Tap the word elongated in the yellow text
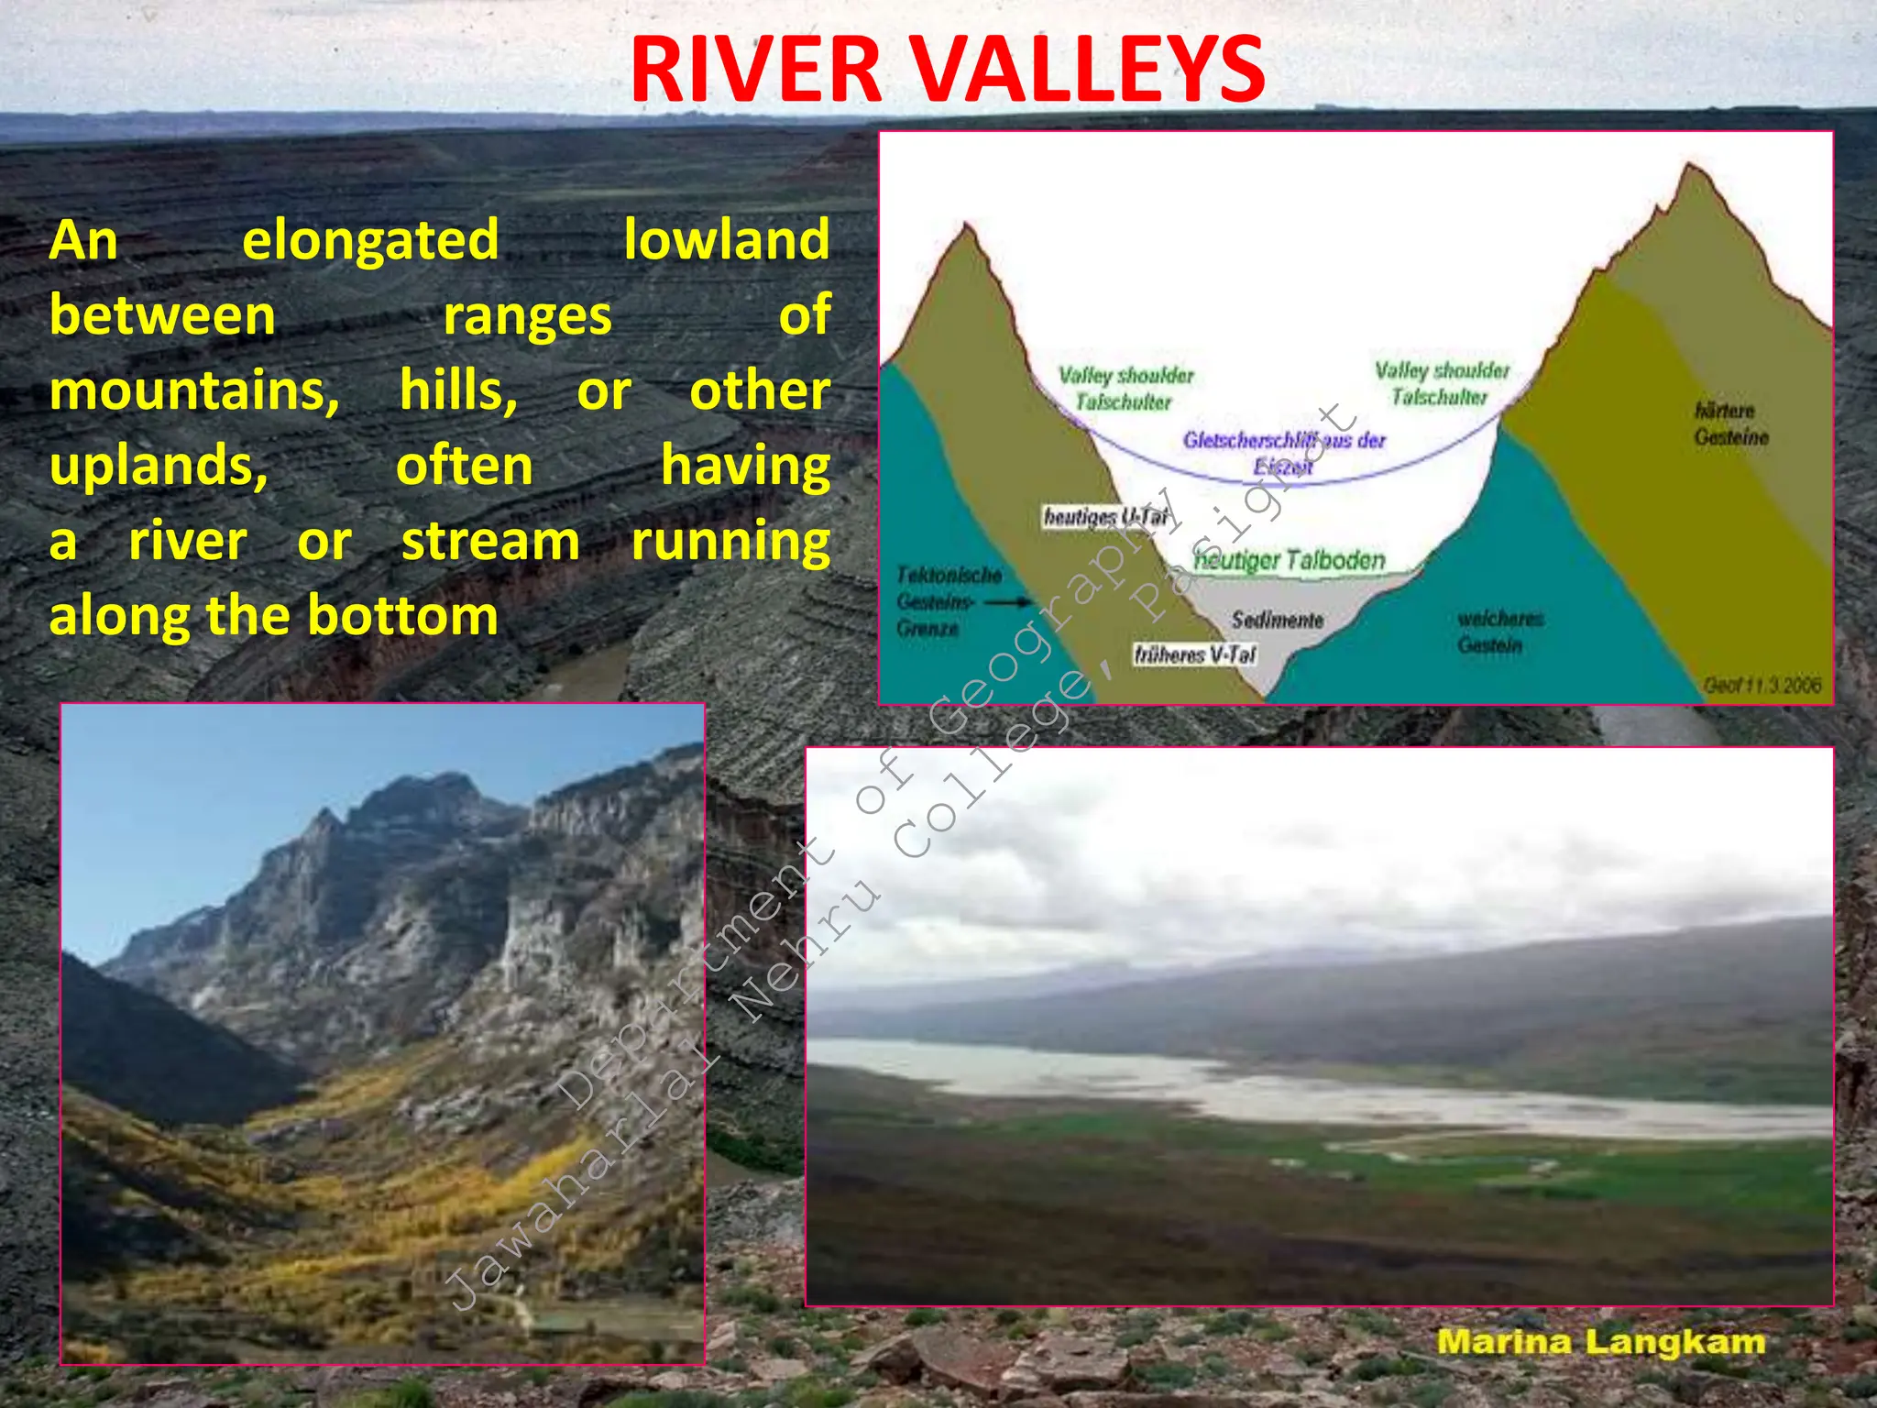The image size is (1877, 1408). coord(370,241)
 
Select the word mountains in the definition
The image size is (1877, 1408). coord(193,391)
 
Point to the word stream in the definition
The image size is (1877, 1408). coord(490,542)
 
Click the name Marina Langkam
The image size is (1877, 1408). coord(1600,1342)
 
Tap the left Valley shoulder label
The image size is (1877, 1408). coord(1125,388)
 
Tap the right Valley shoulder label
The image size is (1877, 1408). coord(1441,383)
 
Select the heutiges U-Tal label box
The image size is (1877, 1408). coord(1107,517)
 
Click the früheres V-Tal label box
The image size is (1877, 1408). coord(1194,654)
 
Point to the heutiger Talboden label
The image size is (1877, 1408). coord(1289,559)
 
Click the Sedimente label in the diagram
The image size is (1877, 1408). coord(1277,620)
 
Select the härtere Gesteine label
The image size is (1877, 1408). coord(1729,423)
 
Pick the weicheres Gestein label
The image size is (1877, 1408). coord(1499,632)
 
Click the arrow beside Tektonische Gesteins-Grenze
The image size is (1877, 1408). coord(1010,602)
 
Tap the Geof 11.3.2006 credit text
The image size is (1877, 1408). coord(1761,685)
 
